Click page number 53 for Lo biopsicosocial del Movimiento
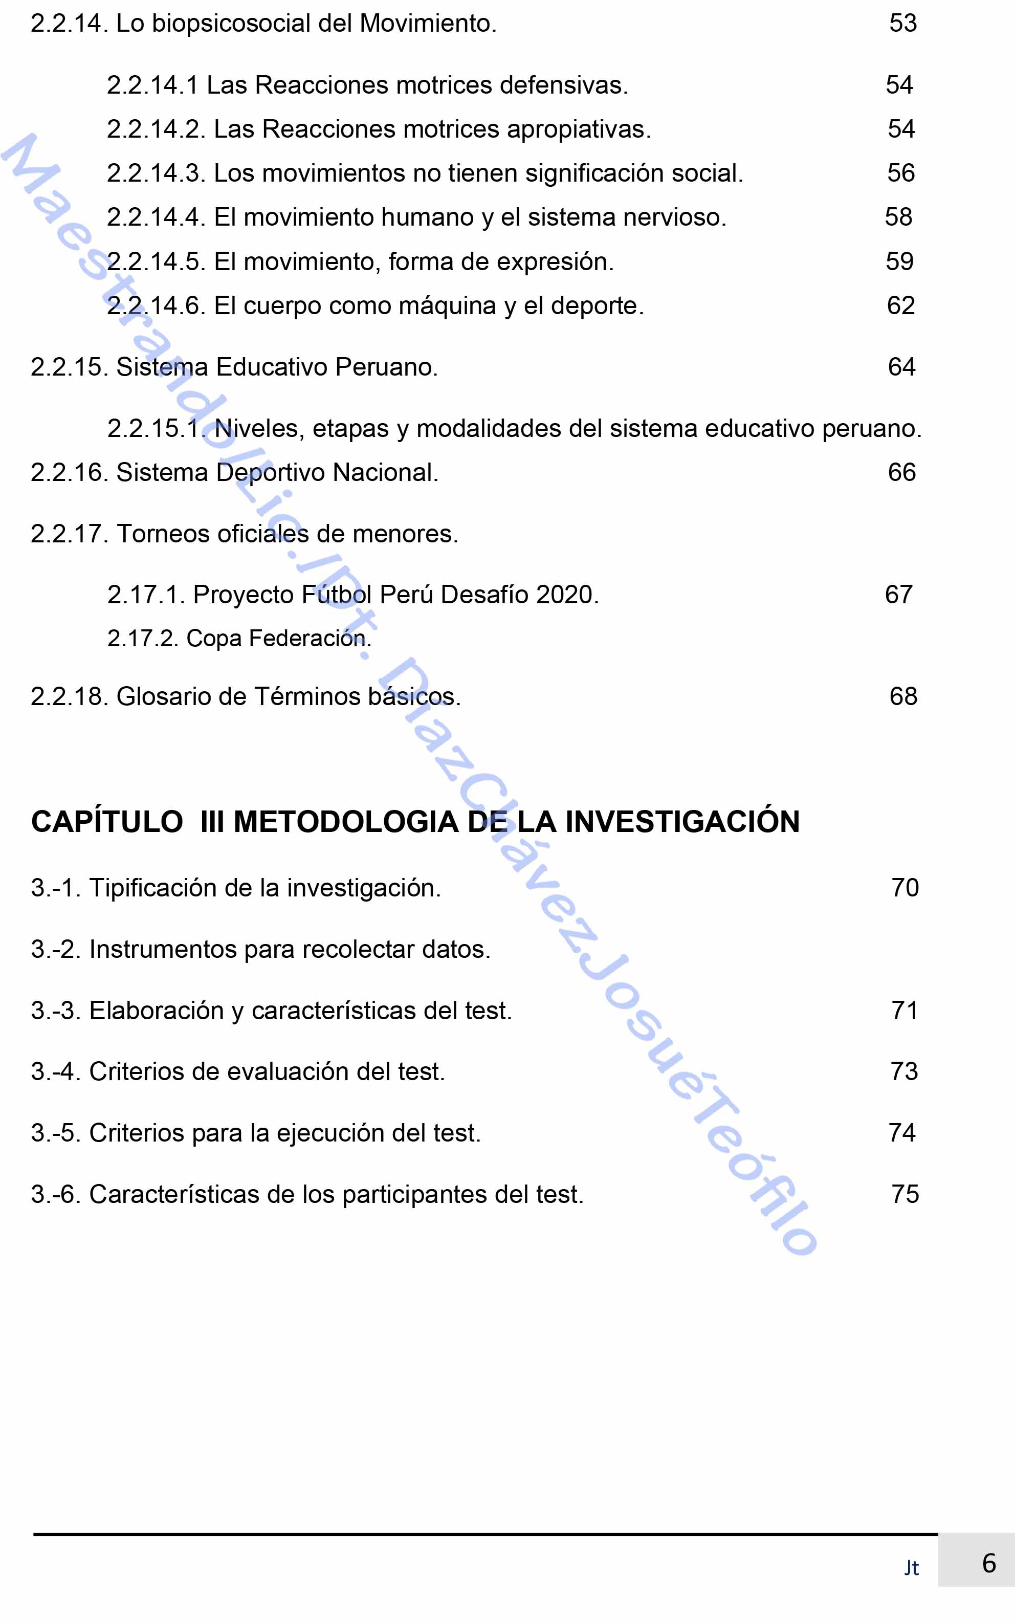click(x=903, y=24)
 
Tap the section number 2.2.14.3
click(x=156, y=173)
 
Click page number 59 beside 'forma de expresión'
click(x=899, y=261)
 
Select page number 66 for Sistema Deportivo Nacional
click(x=901, y=473)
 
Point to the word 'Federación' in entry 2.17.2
click(x=310, y=639)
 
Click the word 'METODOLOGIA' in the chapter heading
click(x=345, y=822)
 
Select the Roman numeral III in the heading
click(x=212, y=822)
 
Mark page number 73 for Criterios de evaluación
click(x=903, y=1072)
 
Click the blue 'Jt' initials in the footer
click(x=911, y=1568)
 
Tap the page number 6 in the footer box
click(x=989, y=1564)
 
